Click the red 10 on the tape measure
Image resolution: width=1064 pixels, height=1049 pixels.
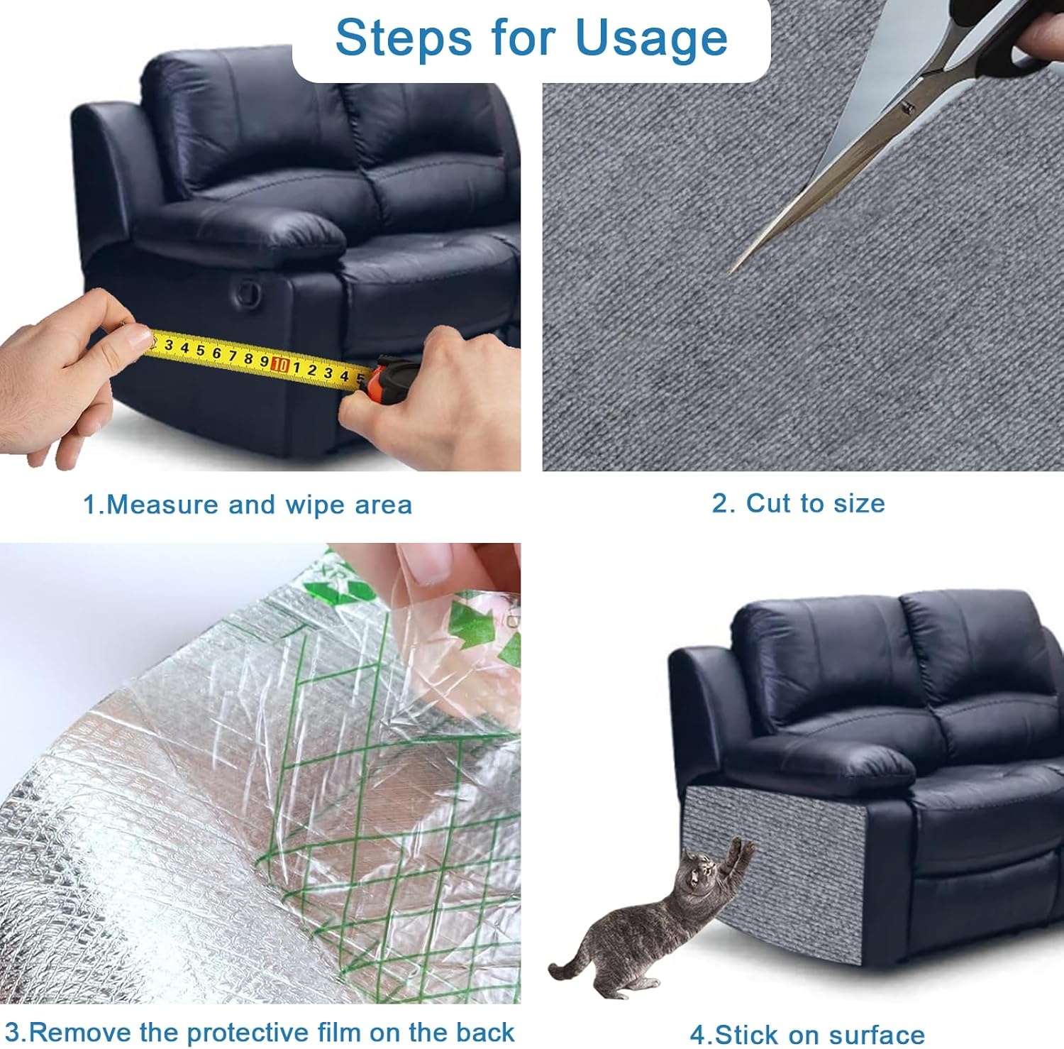[280, 365]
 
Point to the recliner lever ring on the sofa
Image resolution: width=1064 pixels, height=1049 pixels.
[250, 290]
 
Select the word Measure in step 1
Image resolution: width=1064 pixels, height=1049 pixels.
[162, 505]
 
